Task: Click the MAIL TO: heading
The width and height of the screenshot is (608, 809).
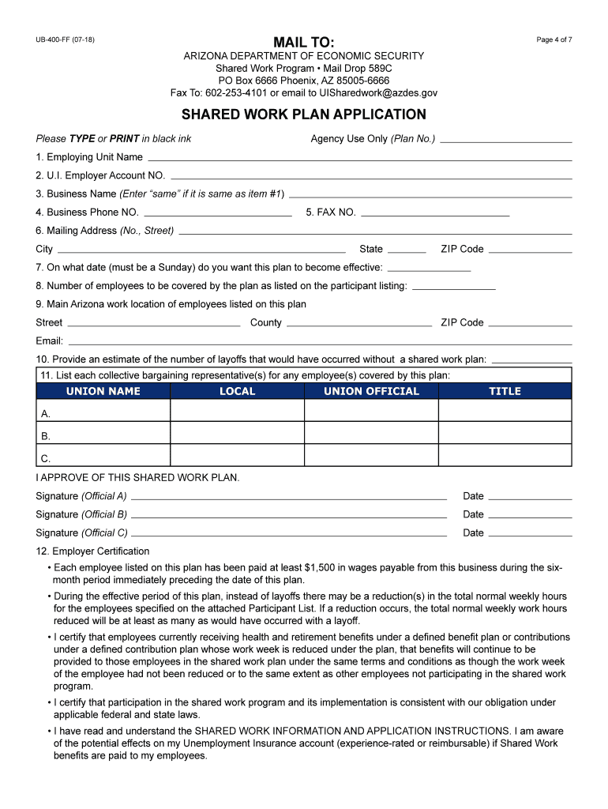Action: pos(303,41)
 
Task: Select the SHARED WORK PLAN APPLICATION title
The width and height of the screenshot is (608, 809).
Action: pos(304,115)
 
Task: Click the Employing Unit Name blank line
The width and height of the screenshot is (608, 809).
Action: pos(359,159)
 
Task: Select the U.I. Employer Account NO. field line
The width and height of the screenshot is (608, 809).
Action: pos(371,177)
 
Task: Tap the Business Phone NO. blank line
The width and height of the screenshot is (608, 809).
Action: pos(218,214)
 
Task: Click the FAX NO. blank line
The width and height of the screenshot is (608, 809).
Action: pos(435,214)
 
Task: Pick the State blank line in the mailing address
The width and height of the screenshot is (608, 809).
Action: pos(407,250)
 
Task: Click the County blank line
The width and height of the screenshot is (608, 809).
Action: pos(359,324)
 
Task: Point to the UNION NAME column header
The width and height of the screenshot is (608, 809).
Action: pos(103,391)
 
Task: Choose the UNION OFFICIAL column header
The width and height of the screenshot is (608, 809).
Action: pos(371,391)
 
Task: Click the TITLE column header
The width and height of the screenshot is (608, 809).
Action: pos(505,391)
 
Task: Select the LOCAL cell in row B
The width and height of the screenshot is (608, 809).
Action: pos(237,433)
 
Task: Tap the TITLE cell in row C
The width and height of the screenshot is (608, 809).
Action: pos(505,456)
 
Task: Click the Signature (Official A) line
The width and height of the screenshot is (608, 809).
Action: pos(289,499)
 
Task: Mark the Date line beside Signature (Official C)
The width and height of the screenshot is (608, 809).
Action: pos(530,535)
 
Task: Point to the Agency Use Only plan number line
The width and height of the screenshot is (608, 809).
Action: pos(506,141)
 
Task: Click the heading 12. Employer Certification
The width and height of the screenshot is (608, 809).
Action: pos(92,551)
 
